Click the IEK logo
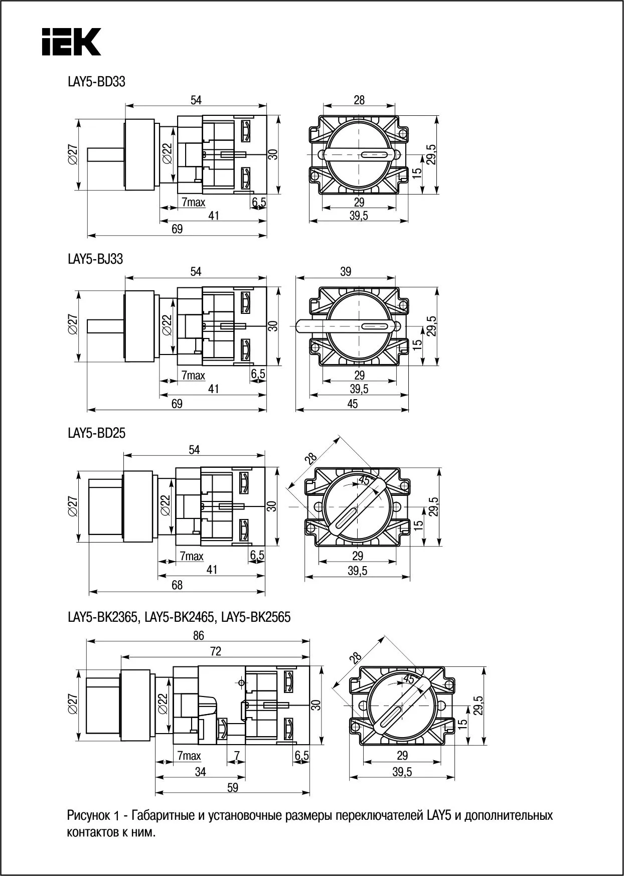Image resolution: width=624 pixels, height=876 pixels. [x=71, y=42]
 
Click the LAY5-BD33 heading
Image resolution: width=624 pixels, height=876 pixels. [x=96, y=81]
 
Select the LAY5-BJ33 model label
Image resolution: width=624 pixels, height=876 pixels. [x=95, y=259]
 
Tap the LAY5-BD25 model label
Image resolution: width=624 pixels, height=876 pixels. [x=96, y=433]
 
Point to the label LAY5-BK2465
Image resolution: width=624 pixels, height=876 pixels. [x=179, y=617]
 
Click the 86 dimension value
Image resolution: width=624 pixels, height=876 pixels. [x=199, y=635]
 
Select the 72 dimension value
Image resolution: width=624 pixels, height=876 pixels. [x=215, y=651]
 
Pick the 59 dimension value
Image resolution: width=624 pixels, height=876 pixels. [x=232, y=787]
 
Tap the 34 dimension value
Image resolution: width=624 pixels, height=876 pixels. [x=200, y=772]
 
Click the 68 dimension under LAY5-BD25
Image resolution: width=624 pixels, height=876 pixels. [x=177, y=585]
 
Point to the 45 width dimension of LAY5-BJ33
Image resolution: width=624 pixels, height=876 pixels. [x=353, y=404]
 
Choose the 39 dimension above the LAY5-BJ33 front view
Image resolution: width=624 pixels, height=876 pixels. [x=346, y=272]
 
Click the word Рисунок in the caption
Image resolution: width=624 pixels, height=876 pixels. [x=90, y=815]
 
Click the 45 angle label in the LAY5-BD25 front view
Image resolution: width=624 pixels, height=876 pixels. [x=365, y=480]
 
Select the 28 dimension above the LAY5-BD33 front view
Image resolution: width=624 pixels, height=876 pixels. [x=359, y=100]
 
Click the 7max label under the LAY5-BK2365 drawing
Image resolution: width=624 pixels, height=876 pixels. [x=189, y=756]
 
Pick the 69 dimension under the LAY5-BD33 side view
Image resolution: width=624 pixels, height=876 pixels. [x=177, y=229]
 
